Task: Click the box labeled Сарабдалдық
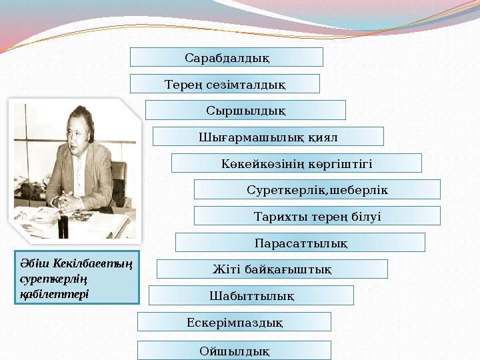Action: point(227,57)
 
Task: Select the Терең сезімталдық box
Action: point(225,84)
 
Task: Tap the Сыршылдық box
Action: point(245,110)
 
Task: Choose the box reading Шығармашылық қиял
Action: point(268,137)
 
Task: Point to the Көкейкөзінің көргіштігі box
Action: point(296,163)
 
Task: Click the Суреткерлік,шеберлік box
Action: point(317,190)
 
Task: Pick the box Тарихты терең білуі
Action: point(317,216)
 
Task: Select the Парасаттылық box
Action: point(300,243)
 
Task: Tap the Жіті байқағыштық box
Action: point(272,269)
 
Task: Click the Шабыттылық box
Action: point(251,295)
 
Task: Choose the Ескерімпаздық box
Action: point(234,322)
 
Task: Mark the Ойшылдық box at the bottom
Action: point(234,350)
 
